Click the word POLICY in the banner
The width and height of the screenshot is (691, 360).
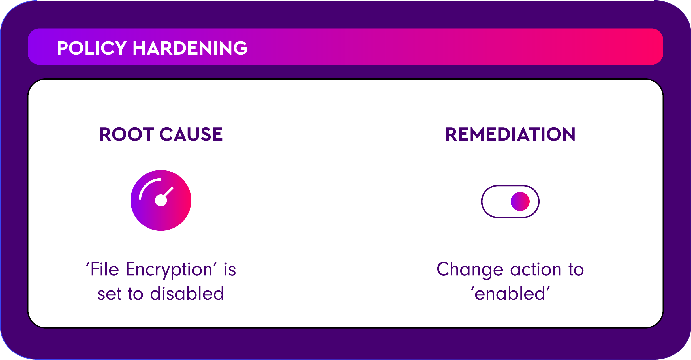click(x=92, y=48)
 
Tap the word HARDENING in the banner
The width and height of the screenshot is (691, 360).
click(x=190, y=48)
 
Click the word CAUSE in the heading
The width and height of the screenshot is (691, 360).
click(x=191, y=134)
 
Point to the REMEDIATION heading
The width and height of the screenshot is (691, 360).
click(x=510, y=134)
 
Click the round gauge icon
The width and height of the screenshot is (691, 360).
click(x=161, y=200)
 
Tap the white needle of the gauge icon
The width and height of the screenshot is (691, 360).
click(x=168, y=192)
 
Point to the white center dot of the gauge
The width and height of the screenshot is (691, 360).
click(x=161, y=200)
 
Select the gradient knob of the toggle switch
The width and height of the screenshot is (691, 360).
click(x=520, y=202)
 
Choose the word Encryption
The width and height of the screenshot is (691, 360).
click(x=169, y=270)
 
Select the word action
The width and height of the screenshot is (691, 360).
click(x=536, y=269)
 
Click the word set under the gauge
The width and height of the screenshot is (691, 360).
click(x=109, y=294)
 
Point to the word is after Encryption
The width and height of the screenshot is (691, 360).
click(x=230, y=269)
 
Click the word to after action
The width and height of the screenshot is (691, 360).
click(x=576, y=270)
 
